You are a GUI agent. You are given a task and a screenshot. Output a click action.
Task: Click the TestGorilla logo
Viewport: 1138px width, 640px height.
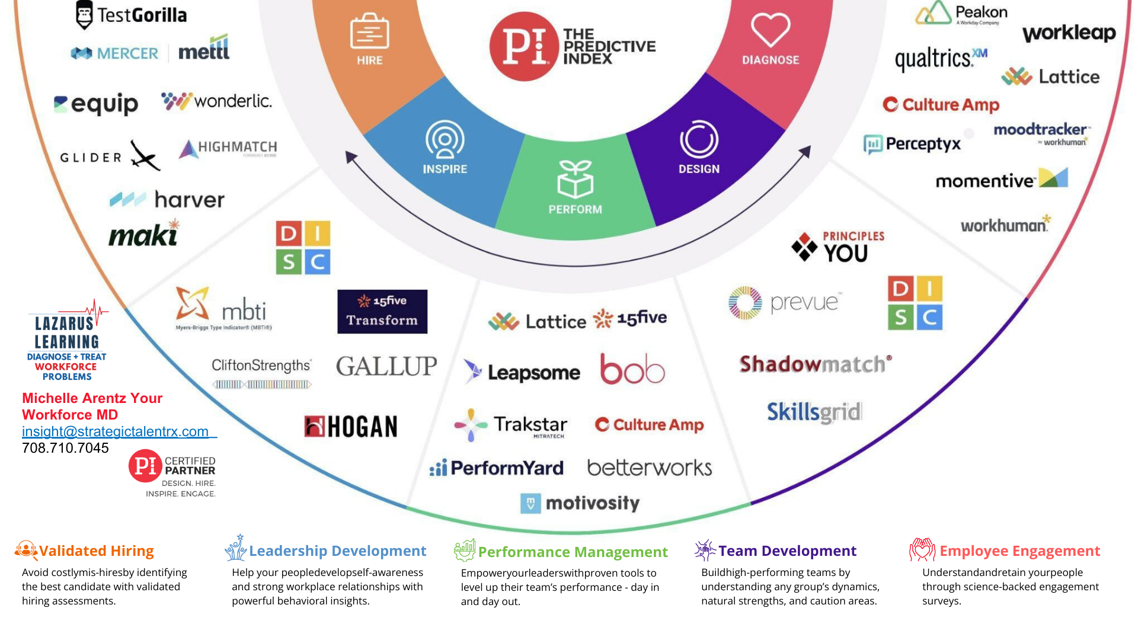[132, 15]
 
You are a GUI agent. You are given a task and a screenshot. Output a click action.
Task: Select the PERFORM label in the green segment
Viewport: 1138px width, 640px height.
[575, 209]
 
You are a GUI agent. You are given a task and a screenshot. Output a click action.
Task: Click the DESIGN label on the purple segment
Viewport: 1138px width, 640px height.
[699, 169]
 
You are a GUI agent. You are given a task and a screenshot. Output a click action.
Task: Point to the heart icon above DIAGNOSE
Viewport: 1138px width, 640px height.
[771, 29]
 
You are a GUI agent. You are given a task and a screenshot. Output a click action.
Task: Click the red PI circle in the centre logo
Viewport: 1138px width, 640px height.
[524, 46]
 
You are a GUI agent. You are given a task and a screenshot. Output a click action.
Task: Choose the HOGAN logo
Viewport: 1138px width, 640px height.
[351, 427]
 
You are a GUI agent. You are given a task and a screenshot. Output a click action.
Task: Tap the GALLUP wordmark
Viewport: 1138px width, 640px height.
[386, 366]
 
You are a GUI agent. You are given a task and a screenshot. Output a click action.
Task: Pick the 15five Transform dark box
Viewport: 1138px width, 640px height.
[382, 312]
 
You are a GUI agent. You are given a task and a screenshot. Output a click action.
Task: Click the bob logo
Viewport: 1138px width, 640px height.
[632, 369]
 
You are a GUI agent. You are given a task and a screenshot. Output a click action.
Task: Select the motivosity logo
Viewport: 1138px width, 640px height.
[580, 503]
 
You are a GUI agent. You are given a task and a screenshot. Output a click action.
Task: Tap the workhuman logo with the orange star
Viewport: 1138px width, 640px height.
[1005, 225]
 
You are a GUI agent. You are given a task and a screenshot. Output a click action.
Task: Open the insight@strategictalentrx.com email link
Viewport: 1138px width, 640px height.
[116, 431]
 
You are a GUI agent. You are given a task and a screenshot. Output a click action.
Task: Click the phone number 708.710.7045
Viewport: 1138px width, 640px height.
[65, 448]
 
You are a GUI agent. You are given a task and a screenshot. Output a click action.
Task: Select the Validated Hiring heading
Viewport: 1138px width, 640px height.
[96, 551]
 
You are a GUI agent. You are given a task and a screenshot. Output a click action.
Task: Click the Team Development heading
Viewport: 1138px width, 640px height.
[787, 551]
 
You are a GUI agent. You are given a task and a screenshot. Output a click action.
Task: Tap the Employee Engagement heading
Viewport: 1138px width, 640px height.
[1019, 551]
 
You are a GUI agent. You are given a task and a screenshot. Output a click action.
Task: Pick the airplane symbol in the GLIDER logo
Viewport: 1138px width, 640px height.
[145, 156]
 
